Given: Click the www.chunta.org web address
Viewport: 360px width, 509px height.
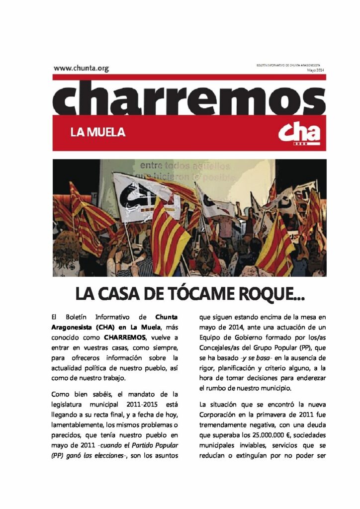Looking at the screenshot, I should (x=81, y=68).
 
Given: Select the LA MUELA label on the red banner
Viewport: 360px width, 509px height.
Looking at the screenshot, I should (x=97, y=133).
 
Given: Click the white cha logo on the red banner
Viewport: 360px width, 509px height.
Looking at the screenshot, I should (x=299, y=133).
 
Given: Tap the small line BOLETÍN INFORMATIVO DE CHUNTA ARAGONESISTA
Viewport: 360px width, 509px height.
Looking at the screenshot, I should (x=288, y=66).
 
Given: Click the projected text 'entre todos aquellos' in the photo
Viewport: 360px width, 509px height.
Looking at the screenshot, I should (x=185, y=166).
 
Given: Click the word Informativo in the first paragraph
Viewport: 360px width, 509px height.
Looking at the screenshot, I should (x=112, y=316).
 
